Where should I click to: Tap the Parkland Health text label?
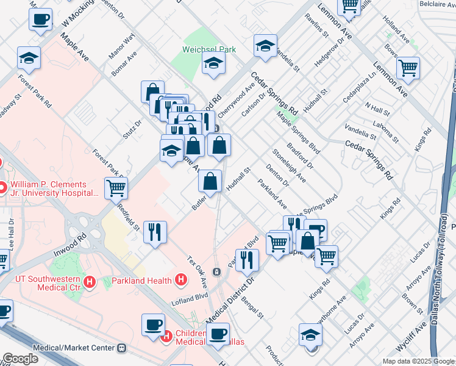click(143, 281)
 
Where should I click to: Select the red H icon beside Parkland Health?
click(180, 280)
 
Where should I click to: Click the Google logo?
click(21, 359)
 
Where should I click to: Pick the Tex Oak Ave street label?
click(198, 273)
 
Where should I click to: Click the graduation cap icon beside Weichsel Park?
click(213, 63)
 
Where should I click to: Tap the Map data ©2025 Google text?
click(418, 361)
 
